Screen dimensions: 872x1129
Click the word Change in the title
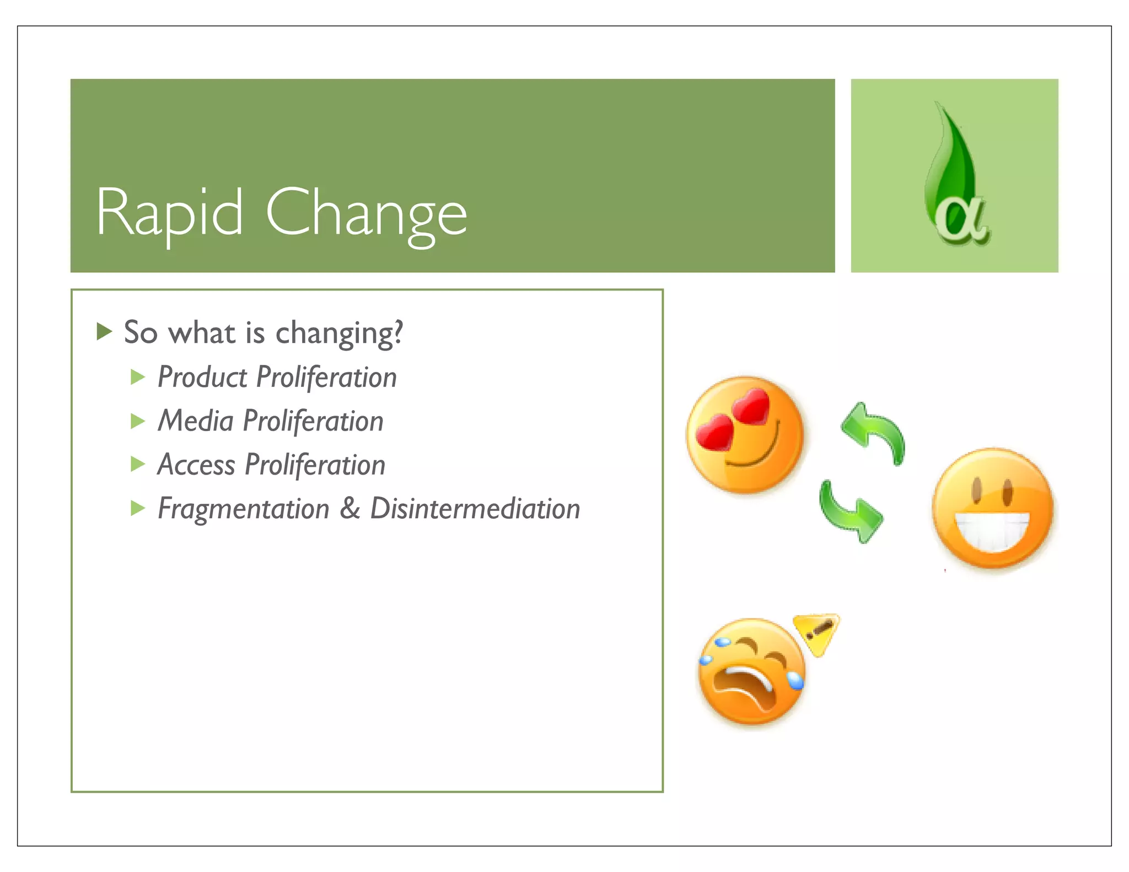pos(366,214)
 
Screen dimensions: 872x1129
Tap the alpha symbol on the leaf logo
pos(961,220)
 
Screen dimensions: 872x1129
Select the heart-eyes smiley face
pos(745,435)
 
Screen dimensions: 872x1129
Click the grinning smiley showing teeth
pos(992,508)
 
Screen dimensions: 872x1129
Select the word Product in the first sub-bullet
pos(202,378)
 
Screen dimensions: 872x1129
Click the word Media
pos(196,421)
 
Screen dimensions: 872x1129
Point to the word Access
pos(196,465)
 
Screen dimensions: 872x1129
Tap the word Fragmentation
pos(243,508)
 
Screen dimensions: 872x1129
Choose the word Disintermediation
pos(475,508)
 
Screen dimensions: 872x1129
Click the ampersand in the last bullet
pos(350,508)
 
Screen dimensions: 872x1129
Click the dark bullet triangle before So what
pos(104,332)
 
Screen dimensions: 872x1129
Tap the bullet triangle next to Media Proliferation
pos(138,422)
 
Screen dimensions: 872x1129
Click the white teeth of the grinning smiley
pos(992,530)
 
